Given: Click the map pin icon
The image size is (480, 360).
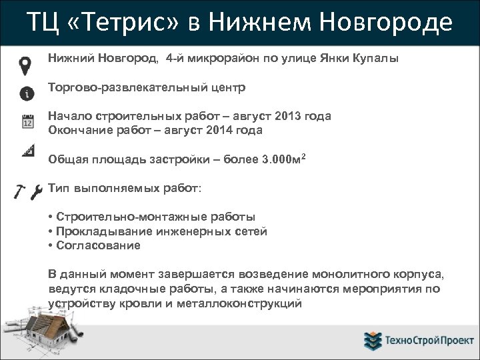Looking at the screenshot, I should [25, 65].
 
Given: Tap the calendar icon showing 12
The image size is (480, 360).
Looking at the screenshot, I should [27, 122].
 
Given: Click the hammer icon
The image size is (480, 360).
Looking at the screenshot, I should [20, 192].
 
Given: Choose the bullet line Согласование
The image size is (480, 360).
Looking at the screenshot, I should [97, 245].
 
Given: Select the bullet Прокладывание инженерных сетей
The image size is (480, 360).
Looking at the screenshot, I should [160, 231].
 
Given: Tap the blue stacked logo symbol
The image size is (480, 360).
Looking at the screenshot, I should [372, 341].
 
